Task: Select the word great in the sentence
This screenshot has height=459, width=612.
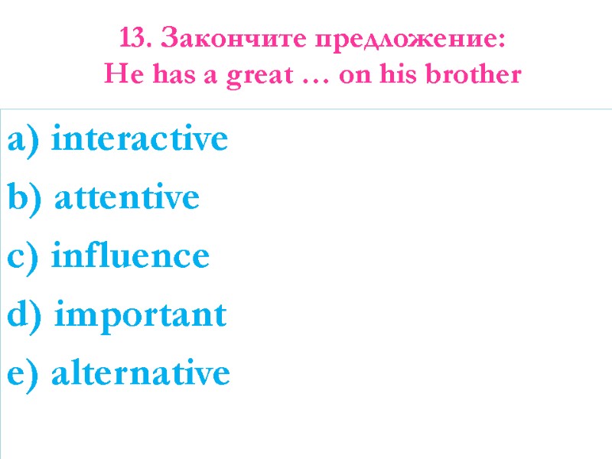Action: (x=256, y=76)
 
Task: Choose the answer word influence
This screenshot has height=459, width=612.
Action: (x=130, y=256)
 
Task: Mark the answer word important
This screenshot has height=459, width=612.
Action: (x=142, y=314)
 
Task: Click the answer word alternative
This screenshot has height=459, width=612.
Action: (x=140, y=373)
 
